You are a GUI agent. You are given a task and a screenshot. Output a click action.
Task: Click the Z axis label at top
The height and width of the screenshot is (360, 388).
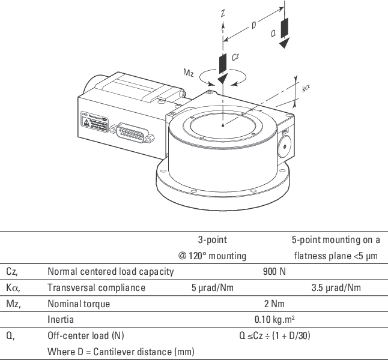[x=223, y=13]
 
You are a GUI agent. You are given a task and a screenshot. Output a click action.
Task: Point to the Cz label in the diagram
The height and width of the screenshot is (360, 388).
[x=236, y=58]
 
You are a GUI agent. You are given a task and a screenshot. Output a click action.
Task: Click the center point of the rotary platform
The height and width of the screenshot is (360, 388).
[x=222, y=125]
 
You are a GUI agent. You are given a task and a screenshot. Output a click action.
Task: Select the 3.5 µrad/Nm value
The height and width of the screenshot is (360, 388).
[x=336, y=287]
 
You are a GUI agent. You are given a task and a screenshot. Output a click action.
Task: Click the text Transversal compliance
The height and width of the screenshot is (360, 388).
[x=96, y=287]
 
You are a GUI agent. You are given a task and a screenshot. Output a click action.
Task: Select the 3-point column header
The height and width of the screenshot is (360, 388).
[x=212, y=240]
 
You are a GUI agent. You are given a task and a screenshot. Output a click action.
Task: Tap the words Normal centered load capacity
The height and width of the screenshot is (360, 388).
[x=111, y=272]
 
